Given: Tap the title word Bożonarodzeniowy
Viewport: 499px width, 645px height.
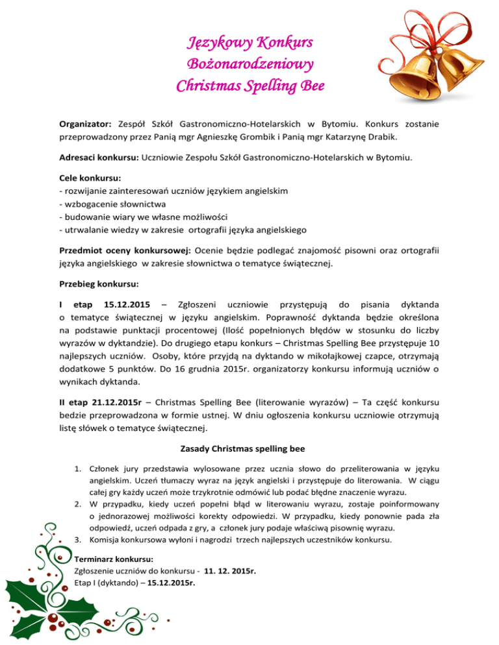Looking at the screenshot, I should (250, 65).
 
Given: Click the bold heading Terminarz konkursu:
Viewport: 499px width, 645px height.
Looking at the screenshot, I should (114, 558).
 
